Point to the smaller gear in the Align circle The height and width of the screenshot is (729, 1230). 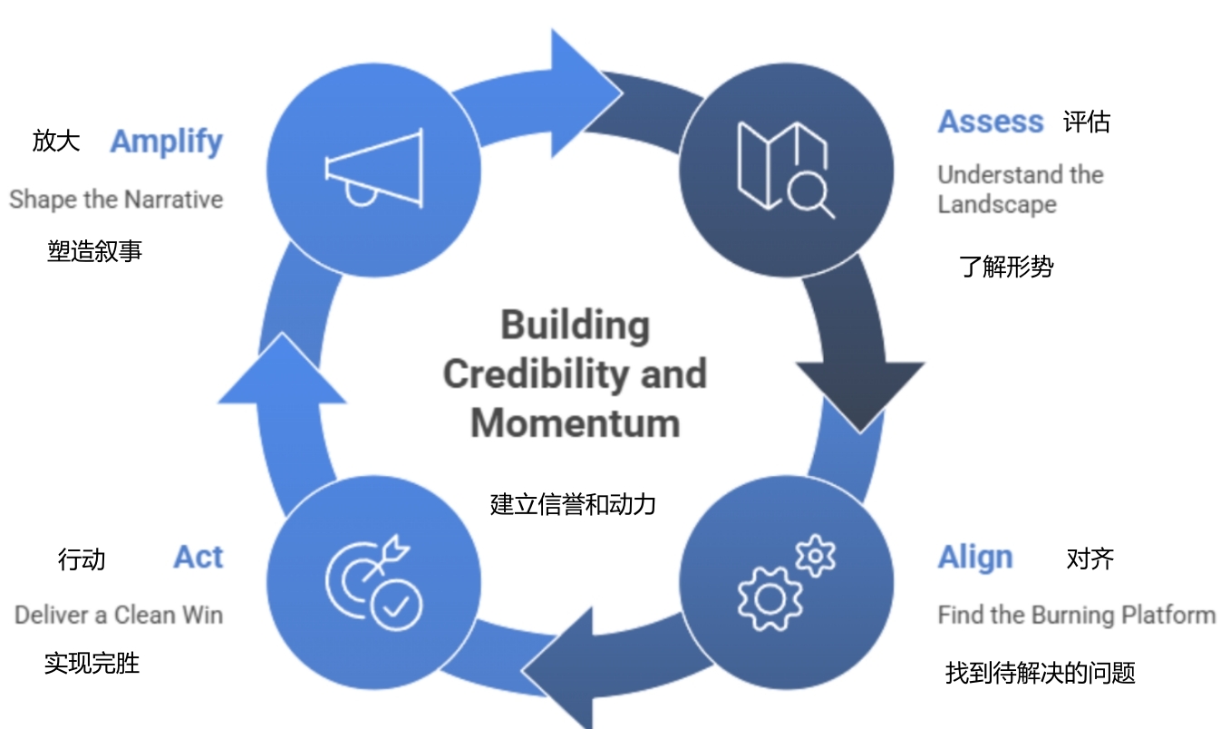pyautogui.click(x=816, y=555)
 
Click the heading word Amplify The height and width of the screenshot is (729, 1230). pyautogui.click(x=166, y=142)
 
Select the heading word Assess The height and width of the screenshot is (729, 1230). pyautogui.click(x=990, y=121)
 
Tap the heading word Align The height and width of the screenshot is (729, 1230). pyautogui.click(x=974, y=558)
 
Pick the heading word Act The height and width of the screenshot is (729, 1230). pyautogui.click(x=198, y=558)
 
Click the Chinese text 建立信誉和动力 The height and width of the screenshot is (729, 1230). pyautogui.click(x=573, y=504)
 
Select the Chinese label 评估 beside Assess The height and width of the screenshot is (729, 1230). pyautogui.click(x=1087, y=121)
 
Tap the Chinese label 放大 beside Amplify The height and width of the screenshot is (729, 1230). pyautogui.click(x=56, y=141)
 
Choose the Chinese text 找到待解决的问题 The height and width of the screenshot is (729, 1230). pyautogui.click(x=1040, y=673)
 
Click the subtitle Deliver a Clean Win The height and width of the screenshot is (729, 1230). pyautogui.click(x=119, y=616)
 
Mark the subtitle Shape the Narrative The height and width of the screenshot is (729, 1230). pyautogui.click(x=116, y=199)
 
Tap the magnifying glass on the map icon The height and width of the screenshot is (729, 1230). pyautogui.click(x=809, y=195)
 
